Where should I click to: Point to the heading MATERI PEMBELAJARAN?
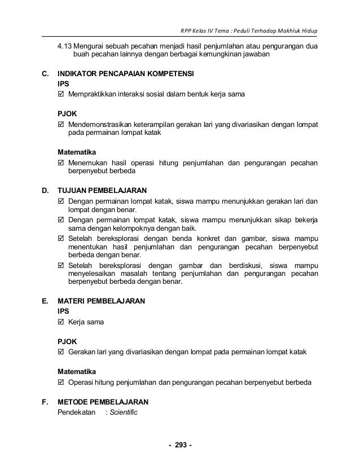point(102,301)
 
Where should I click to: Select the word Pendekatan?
point(77,412)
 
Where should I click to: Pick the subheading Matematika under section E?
point(77,372)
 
